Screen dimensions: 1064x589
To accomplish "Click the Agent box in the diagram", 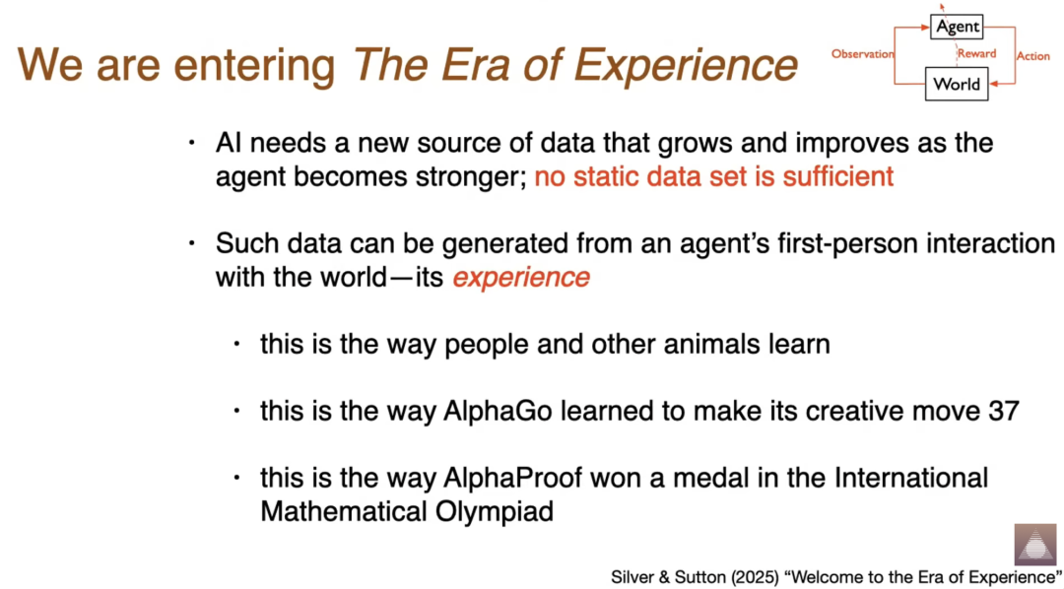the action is coord(957,27).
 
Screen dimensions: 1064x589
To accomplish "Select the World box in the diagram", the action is coord(957,84).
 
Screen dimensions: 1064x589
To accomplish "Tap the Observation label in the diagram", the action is coord(862,54).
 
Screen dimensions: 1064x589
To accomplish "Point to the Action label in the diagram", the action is coord(1032,56).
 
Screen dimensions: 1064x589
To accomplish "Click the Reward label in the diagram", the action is coord(976,53).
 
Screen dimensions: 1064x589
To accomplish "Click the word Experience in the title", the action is coord(686,65).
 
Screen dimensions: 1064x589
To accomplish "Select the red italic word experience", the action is coord(521,278).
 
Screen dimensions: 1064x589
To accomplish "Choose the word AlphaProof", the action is coord(513,478).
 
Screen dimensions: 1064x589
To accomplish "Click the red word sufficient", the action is coord(838,176).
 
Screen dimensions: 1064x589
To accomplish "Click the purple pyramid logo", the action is coord(1035,545).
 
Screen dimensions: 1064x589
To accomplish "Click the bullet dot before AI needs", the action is coord(192,143).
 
